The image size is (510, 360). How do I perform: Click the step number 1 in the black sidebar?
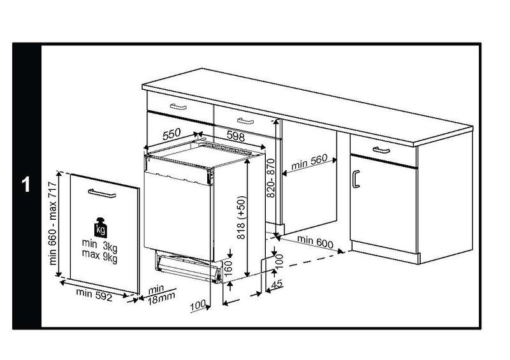[25, 185]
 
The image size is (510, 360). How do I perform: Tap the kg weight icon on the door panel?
[99, 227]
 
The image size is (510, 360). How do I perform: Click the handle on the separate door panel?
[101, 193]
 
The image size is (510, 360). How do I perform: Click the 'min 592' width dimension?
[94, 294]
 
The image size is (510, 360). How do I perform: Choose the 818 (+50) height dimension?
[242, 217]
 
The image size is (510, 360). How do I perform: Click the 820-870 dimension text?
[272, 178]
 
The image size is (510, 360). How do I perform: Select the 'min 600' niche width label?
[316, 242]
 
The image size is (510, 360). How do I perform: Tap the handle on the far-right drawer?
[381, 150]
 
